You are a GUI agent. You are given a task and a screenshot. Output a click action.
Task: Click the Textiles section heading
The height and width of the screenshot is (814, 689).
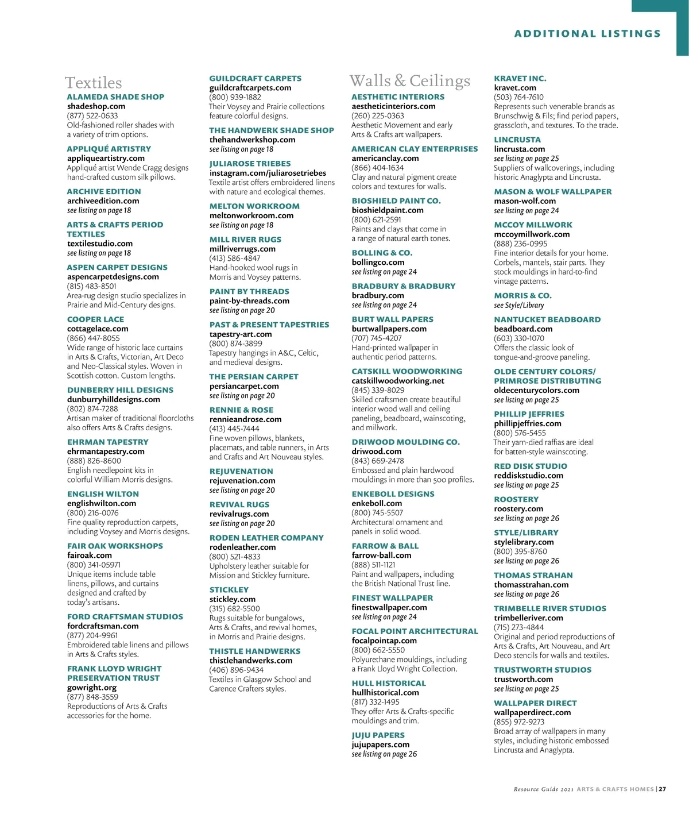coord(93,83)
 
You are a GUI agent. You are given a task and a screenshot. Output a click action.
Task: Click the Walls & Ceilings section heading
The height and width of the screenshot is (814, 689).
coord(409,80)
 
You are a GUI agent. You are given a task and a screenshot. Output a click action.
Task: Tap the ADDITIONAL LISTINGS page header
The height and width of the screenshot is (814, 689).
coord(587,33)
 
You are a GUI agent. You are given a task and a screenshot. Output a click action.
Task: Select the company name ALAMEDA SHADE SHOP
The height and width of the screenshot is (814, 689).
coord(115,97)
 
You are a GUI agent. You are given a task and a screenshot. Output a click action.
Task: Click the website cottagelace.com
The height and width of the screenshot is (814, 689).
coord(98,329)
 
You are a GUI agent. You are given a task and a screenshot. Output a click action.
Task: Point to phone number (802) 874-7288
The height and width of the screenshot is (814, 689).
coord(92,409)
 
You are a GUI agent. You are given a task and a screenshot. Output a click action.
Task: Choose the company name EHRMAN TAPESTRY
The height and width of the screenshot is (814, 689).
coord(107,442)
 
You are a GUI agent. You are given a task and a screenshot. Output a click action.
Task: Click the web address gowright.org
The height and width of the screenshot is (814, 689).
coord(92,688)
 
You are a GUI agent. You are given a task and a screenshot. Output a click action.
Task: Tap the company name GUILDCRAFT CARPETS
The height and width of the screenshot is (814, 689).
coord(255,78)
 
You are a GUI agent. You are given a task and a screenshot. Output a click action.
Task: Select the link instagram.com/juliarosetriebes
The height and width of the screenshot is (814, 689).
coord(268,173)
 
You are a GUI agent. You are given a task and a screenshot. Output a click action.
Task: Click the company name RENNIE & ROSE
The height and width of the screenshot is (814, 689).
coord(241,410)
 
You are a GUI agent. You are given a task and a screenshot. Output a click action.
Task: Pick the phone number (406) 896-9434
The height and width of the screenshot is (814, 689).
coord(236,670)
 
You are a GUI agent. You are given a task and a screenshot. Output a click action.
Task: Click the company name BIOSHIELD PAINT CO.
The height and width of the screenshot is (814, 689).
coord(396,201)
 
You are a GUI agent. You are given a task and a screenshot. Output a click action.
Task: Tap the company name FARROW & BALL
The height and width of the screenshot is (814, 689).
coord(385,546)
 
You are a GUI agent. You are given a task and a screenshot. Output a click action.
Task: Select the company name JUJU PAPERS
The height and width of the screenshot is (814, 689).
coord(378,735)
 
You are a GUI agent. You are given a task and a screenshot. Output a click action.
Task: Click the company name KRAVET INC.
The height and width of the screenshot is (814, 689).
coord(520,78)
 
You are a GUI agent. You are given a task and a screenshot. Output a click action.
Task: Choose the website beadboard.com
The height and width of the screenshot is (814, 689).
coord(523,329)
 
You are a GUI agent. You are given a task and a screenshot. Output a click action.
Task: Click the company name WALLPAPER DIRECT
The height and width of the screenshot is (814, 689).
coord(535,703)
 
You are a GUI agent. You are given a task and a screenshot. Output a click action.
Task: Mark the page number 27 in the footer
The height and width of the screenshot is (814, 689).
coord(662,789)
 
